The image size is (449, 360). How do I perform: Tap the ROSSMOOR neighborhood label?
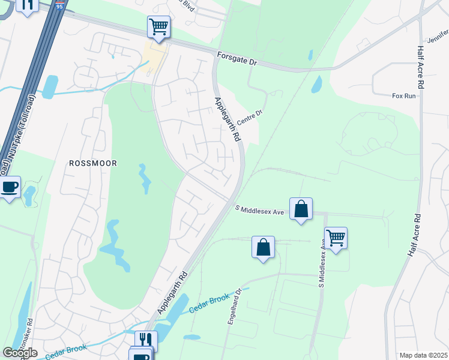point(92,163)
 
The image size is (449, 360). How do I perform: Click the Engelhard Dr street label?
point(234,307)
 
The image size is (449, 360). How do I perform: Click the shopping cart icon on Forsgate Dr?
point(158,26)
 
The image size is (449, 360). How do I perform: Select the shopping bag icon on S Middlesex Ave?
point(301,209)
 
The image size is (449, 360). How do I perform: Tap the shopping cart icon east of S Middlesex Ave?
point(336,238)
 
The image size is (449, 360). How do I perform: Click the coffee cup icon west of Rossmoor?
point(10,187)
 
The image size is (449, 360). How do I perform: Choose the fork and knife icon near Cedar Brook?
point(146,340)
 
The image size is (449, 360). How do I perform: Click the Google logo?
point(20,353)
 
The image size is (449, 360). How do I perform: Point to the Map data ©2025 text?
point(423,355)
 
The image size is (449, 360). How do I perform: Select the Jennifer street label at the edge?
point(438,37)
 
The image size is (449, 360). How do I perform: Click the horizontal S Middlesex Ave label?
point(259,211)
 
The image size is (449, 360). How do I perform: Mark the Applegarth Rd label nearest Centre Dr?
point(227,118)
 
